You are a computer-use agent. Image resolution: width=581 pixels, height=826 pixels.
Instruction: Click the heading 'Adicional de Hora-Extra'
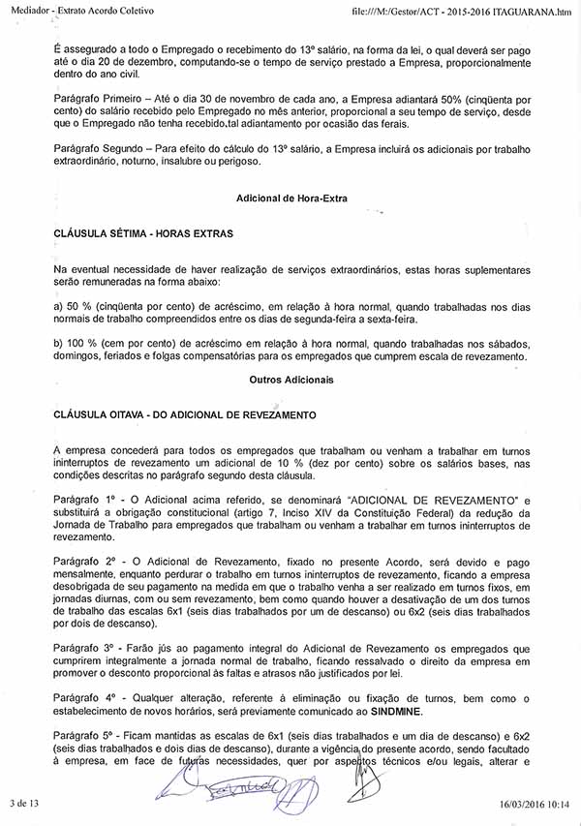coord(291,199)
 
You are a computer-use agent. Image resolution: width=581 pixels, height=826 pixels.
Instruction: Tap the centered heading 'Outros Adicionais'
coord(291,381)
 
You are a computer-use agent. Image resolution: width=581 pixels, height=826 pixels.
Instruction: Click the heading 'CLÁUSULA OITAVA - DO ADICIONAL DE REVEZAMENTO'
coord(186,414)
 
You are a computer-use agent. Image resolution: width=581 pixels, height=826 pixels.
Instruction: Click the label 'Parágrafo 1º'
coord(86,497)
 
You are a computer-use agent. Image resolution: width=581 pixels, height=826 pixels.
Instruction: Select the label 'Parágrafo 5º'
coord(86,737)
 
